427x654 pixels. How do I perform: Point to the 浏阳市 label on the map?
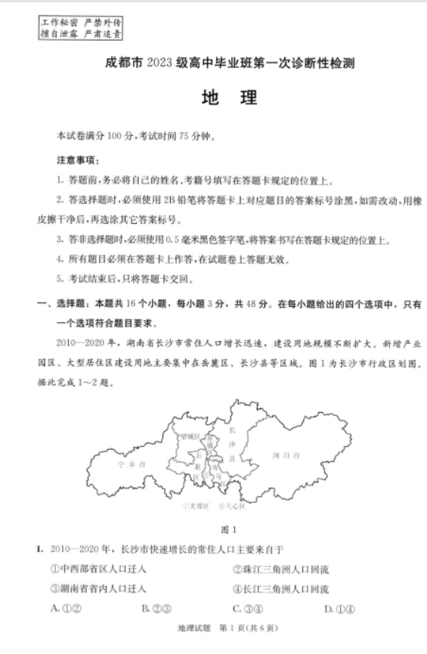286,454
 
